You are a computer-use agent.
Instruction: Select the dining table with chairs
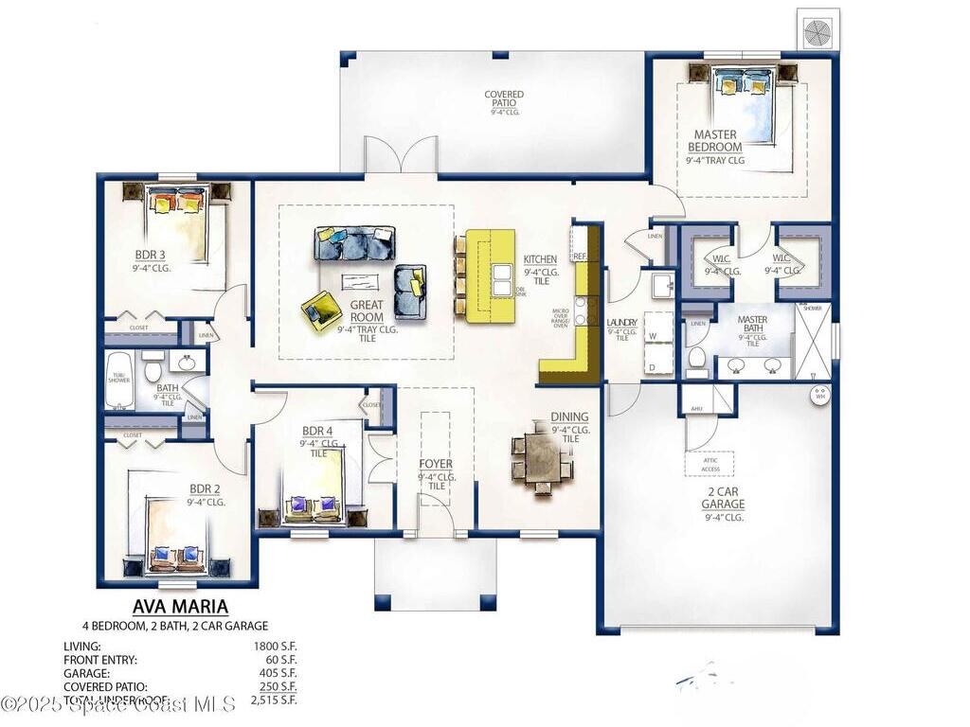pyautogui.click(x=542, y=459)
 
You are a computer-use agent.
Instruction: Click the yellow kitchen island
pyautogui.click(x=491, y=275)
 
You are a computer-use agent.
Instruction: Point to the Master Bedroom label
pyautogui.click(x=715, y=141)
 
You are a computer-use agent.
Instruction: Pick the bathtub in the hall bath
pyautogui.click(x=118, y=381)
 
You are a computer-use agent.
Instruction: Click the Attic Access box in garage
pyautogui.click(x=710, y=464)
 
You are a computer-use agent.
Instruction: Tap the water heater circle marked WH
pyautogui.click(x=820, y=393)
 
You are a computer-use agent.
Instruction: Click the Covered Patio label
pyautogui.click(x=504, y=100)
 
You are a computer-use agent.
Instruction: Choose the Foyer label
pyautogui.click(x=436, y=464)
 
